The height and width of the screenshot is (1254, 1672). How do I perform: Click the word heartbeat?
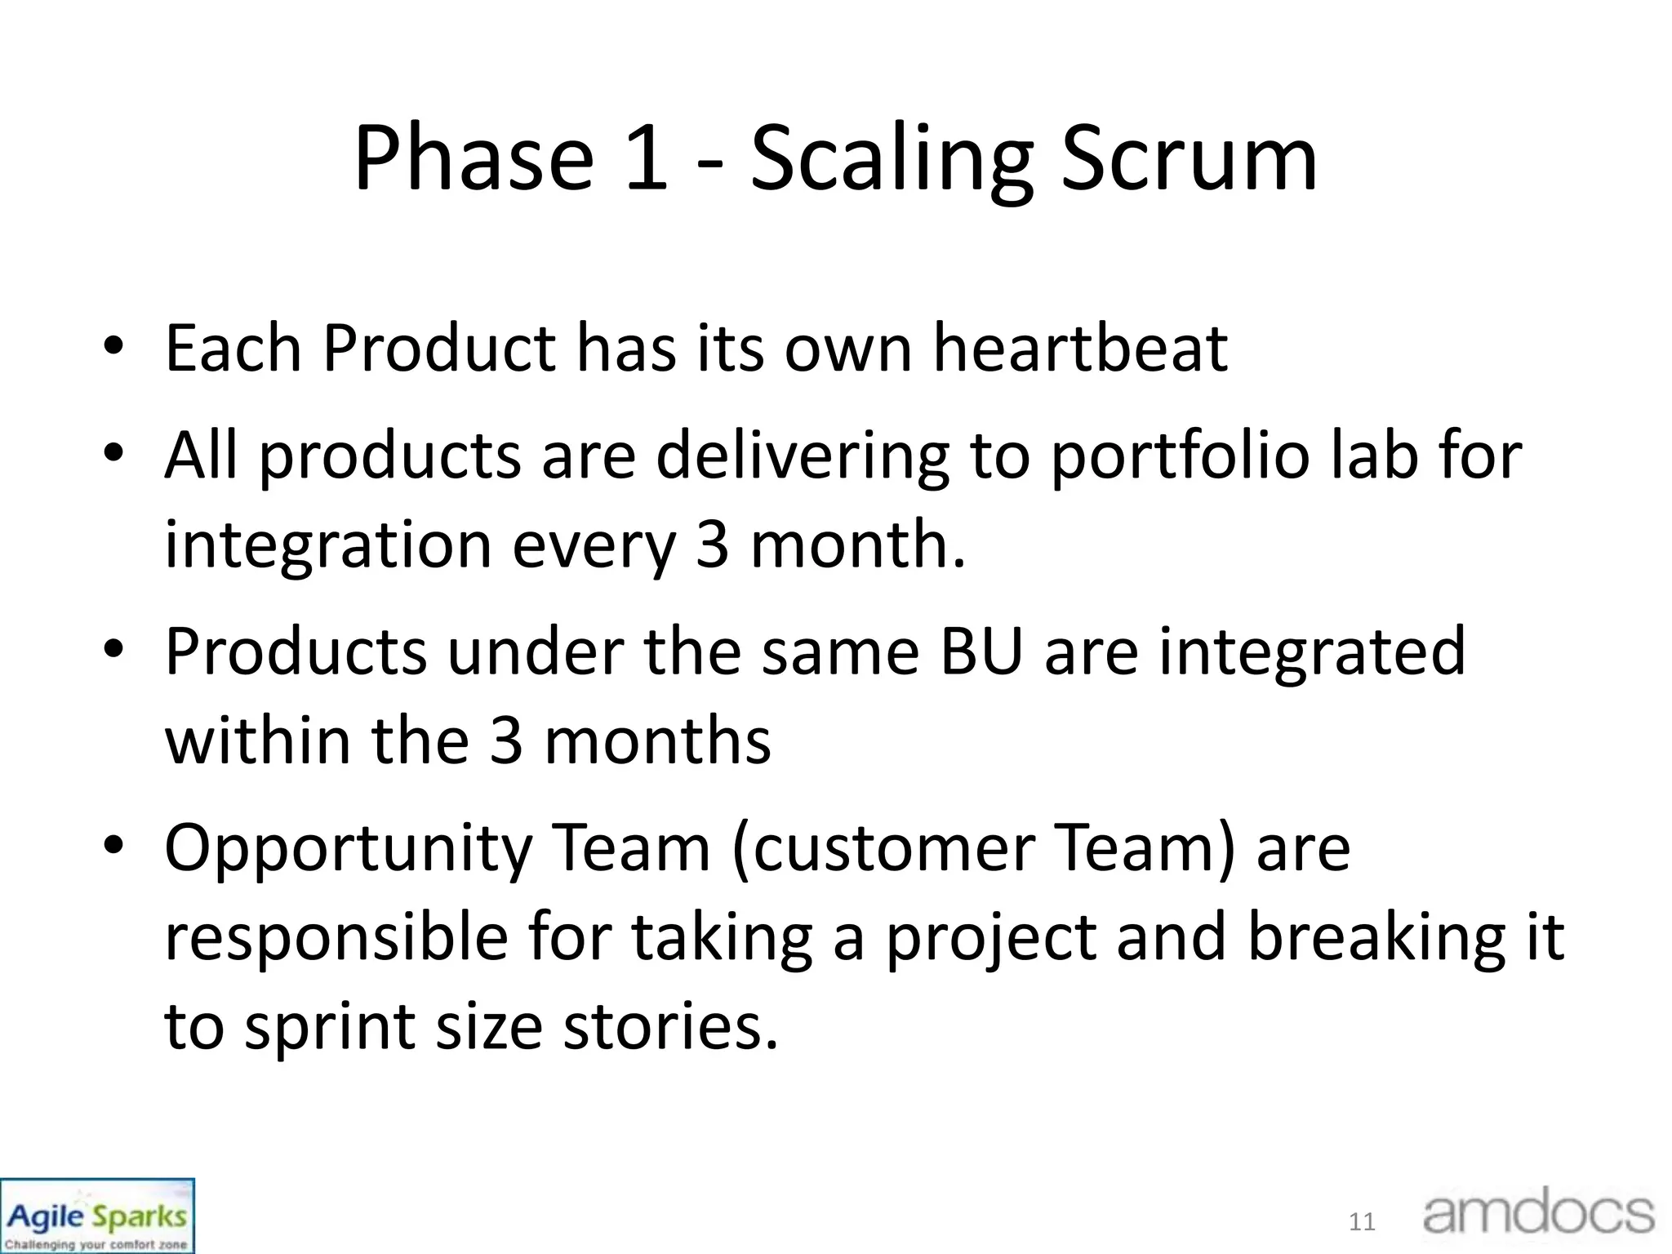pos(1080,349)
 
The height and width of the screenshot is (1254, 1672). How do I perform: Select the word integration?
pos(328,545)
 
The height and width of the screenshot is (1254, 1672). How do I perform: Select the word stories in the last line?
pos(669,1026)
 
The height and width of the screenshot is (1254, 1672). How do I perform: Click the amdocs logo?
pos(1538,1214)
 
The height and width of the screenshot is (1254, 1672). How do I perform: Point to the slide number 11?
pos(1362,1222)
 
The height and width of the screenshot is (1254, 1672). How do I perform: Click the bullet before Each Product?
pos(113,347)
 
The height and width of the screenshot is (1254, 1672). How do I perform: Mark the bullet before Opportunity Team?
pos(113,847)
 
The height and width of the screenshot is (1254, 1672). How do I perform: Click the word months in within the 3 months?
pos(657,740)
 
